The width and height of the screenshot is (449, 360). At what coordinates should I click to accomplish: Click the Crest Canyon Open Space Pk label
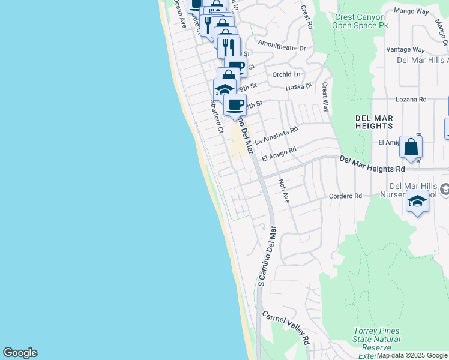[358, 21]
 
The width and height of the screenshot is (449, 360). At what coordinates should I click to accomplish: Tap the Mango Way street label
[411, 11]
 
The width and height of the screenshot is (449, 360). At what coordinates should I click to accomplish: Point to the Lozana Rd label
[411, 100]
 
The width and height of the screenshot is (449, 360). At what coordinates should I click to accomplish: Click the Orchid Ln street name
[286, 74]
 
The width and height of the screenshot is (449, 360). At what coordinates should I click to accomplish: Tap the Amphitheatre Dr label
[282, 44]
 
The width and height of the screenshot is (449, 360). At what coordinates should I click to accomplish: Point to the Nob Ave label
[283, 191]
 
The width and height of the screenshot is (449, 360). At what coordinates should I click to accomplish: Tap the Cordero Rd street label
[345, 196]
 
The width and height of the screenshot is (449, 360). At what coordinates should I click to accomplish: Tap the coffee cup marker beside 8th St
[235, 104]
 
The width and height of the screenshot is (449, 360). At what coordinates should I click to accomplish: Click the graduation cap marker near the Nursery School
[417, 201]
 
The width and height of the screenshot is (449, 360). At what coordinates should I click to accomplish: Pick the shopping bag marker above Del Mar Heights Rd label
[411, 146]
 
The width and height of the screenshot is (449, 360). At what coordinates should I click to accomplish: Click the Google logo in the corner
[20, 353]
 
